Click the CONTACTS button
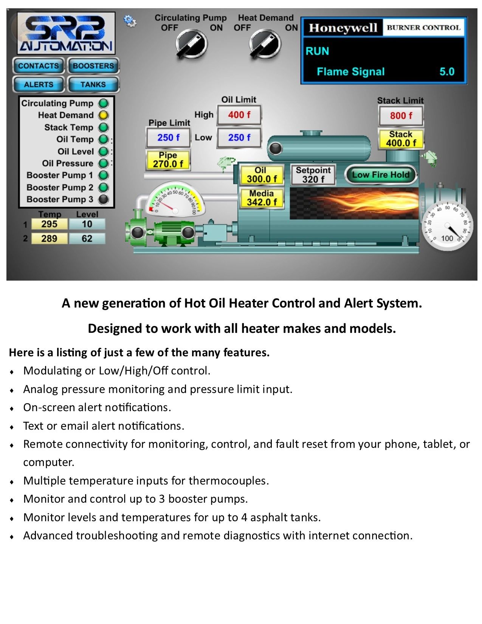coord(39,66)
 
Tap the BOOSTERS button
coord(93,66)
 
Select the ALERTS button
coord(39,84)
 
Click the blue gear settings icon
coord(130,21)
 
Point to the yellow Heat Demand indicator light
coord(103,115)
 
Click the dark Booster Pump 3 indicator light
coord(103,199)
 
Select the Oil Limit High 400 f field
coord(239,115)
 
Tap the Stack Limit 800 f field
coord(401,116)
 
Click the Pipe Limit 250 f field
coord(168,138)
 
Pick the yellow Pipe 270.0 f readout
coord(168,160)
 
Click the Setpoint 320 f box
coord(313,175)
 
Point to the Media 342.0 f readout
coord(262,198)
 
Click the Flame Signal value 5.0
coord(447,71)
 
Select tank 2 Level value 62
coord(87,238)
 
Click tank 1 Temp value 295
coord(49,224)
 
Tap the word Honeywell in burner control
coord(343,28)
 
